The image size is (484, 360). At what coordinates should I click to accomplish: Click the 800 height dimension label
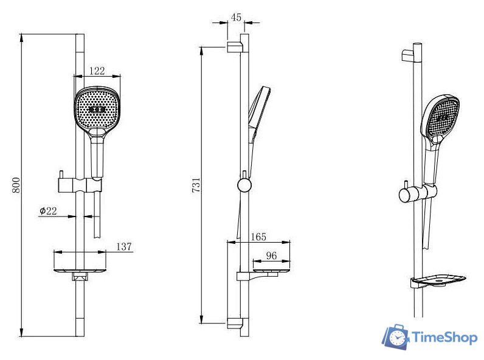(16, 185)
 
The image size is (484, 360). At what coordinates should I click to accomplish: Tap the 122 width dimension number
(97, 71)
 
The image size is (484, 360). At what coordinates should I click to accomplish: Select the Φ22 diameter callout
(48, 211)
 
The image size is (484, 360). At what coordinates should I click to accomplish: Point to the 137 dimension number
(124, 246)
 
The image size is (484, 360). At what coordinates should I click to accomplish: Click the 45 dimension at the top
(236, 17)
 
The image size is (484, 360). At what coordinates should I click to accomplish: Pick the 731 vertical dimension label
(196, 185)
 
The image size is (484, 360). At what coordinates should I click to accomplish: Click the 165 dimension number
(258, 237)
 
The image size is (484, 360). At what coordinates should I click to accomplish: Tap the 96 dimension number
(271, 255)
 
